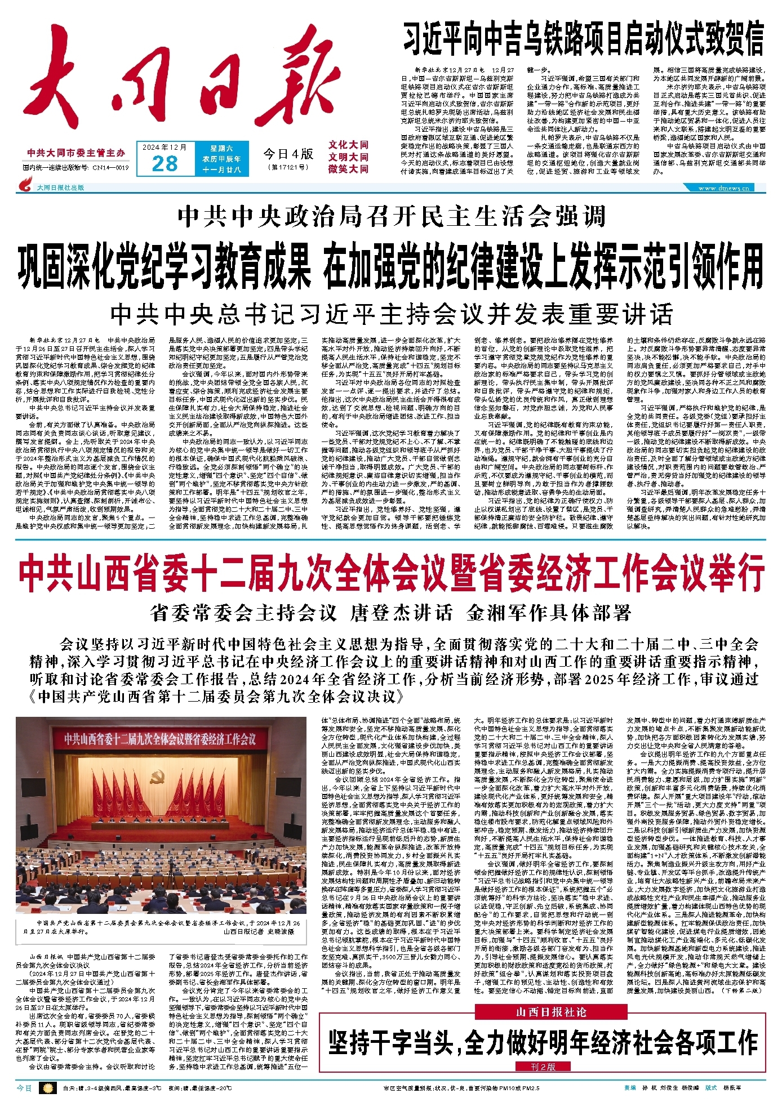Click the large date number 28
(x=165, y=163)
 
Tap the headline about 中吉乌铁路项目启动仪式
(x=583, y=38)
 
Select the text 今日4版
(x=288, y=154)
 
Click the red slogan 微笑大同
(x=348, y=169)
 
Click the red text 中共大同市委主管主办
(x=76, y=153)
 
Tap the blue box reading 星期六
(x=221, y=148)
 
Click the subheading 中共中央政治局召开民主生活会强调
(x=391, y=216)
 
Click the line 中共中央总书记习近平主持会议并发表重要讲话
(x=391, y=314)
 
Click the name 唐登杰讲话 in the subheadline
(x=401, y=613)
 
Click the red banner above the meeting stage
(x=160, y=738)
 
